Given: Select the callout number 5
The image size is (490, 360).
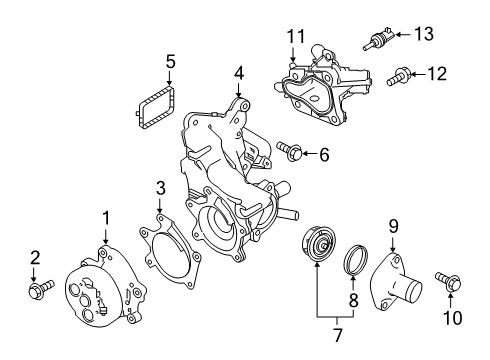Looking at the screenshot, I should click(x=170, y=62).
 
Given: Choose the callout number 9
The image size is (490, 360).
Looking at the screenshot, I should click(x=394, y=226).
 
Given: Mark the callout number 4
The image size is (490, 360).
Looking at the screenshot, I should click(x=239, y=72).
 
